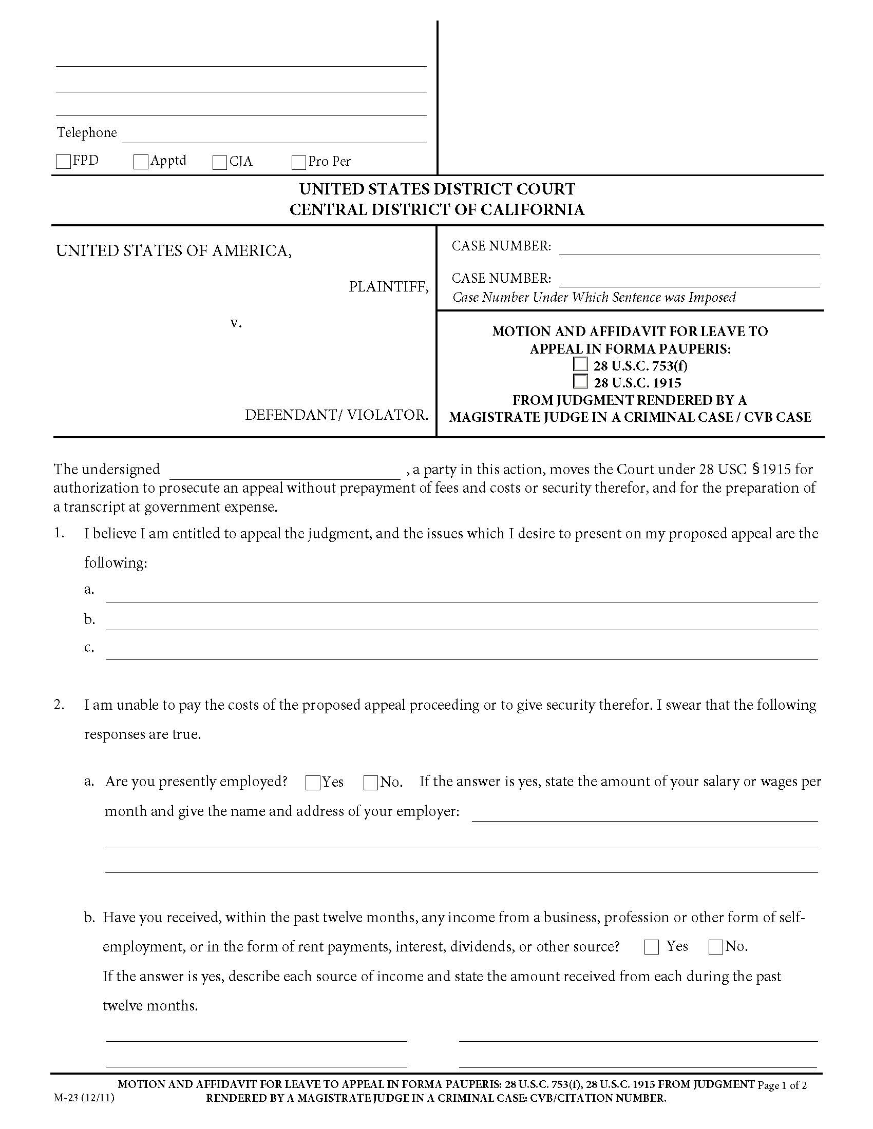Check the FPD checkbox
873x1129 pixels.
[63, 162]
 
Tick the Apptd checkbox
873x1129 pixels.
[141, 162]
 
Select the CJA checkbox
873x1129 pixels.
[220, 162]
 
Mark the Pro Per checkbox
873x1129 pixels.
[299, 162]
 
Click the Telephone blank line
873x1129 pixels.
[274, 135]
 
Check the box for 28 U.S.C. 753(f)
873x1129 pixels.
[581, 364]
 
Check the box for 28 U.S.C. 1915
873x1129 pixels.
[581, 381]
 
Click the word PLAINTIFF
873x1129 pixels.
[388, 286]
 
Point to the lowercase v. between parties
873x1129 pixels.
[236, 323]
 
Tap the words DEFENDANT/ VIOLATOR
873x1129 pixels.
[336, 415]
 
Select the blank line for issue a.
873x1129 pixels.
[461, 594]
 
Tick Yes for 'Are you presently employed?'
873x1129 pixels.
[313, 783]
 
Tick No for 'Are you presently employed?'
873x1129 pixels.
[370, 783]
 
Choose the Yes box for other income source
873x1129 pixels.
[652, 947]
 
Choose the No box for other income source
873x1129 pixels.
[716, 947]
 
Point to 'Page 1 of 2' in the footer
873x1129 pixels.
[782, 1085]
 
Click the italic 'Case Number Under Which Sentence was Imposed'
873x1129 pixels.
[594, 297]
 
